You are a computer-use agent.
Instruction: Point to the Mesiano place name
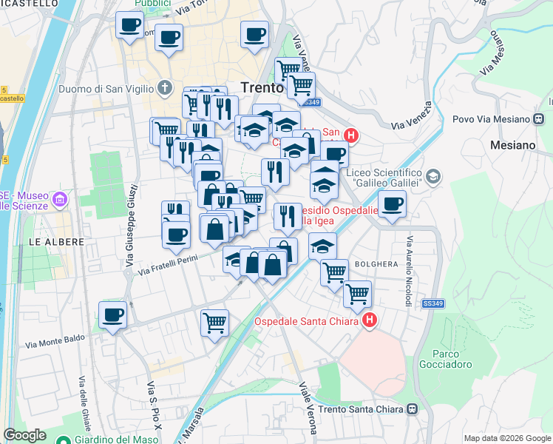pos(512,145)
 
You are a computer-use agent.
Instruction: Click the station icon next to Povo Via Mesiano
pos(538,118)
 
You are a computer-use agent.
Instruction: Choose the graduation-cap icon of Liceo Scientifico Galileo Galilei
pos(432,176)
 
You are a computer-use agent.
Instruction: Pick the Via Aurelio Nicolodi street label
pos(407,272)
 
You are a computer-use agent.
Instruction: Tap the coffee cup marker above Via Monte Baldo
pos(112,315)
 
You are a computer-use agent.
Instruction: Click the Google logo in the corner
pos(24,435)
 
